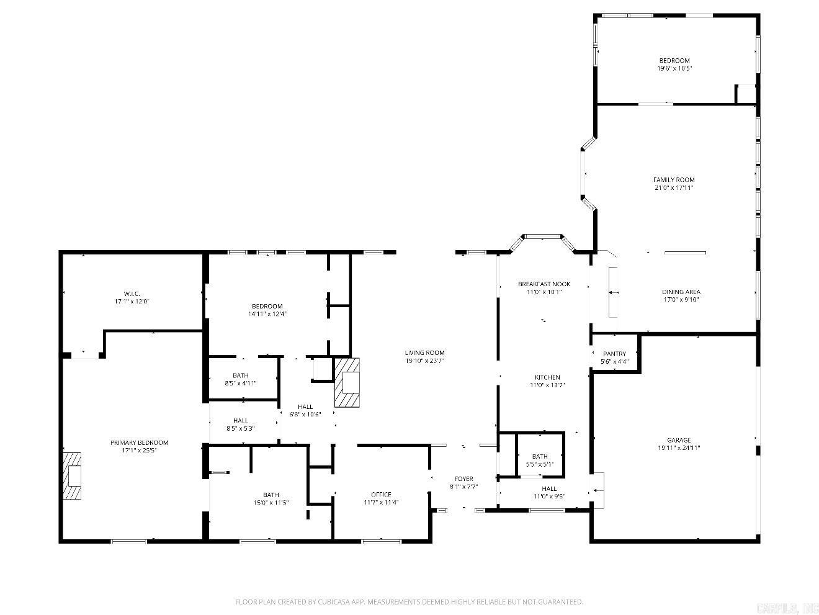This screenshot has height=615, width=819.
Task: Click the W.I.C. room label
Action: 132,294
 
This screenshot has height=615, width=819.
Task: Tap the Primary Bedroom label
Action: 140,442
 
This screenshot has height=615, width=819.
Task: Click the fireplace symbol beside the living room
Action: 347,382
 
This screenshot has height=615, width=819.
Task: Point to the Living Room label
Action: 425,353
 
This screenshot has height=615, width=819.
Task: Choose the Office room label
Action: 381,494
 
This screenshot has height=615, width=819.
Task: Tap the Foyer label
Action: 464,478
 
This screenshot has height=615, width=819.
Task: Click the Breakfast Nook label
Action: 544,284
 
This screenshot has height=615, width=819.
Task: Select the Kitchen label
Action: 547,377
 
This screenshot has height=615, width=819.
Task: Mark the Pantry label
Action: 614,354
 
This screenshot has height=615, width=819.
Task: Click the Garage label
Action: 674,440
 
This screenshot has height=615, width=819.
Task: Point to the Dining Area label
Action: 681,292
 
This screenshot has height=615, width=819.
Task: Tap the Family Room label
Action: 674,180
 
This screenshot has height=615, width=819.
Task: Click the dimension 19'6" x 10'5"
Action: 674,69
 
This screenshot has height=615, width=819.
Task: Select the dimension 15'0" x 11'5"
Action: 271,503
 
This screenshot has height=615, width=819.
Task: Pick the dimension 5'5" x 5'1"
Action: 539,464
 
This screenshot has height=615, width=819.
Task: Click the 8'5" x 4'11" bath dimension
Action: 241,384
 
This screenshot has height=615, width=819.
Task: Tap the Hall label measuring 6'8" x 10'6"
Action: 305,407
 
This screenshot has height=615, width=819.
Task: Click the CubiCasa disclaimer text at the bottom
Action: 409,602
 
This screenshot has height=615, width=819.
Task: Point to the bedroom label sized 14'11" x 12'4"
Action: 267,306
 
